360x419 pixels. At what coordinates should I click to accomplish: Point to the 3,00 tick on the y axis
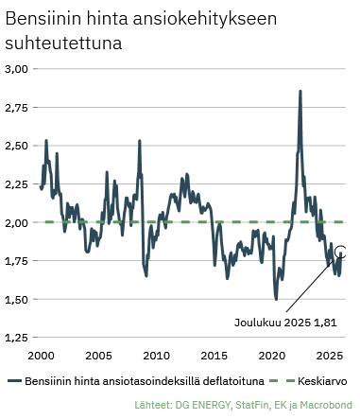coord(19,69)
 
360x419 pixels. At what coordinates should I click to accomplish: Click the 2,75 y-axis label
coord(19,108)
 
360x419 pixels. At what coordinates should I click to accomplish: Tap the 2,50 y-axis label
coord(19,146)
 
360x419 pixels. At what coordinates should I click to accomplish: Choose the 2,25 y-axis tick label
coord(19,184)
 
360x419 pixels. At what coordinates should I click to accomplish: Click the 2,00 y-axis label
coord(19,223)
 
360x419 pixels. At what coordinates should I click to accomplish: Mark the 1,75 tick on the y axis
coord(19,261)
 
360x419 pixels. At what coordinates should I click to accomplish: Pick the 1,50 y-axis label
coord(19,300)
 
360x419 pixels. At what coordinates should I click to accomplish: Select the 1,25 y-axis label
coord(19,338)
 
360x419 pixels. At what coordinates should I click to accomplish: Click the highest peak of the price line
coord(300,92)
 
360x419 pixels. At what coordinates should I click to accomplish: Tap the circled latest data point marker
coord(341,252)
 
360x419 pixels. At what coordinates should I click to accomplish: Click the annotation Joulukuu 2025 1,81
coord(284,322)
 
